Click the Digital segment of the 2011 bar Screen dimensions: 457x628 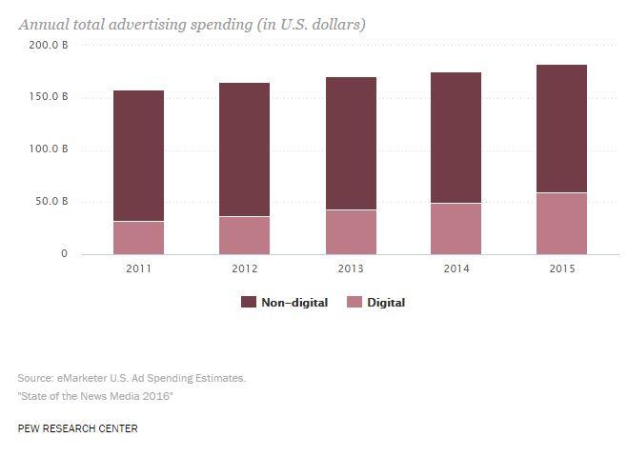(138, 237)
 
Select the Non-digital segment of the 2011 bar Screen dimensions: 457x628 (138, 155)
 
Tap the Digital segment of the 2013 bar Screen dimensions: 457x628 (350, 231)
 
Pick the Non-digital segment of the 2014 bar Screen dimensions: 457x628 (456, 137)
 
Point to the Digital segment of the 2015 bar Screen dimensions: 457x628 (561, 223)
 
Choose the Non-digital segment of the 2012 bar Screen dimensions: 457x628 (244, 149)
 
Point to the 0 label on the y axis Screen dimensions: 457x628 (65, 254)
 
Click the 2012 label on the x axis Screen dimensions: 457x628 (244, 268)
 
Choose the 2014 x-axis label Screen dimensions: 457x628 (456, 268)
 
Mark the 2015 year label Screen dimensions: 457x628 (561, 268)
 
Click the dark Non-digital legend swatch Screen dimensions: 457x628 (249, 302)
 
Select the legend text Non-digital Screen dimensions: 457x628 (295, 303)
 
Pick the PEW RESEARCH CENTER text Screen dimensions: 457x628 (77, 428)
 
